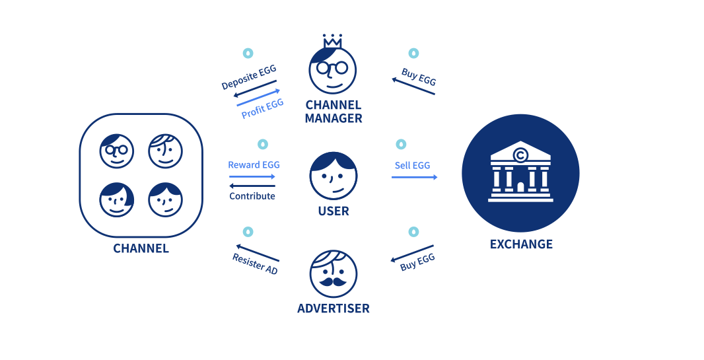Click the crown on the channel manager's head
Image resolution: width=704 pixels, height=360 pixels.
coord(332,41)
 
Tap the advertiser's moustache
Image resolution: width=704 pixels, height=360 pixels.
coord(333,281)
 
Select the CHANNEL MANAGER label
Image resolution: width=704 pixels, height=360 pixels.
coord(334,112)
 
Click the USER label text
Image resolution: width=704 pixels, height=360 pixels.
coord(334,211)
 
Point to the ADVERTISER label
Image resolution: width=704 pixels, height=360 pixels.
coord(333,308)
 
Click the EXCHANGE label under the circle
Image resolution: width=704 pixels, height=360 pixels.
coord(521,244)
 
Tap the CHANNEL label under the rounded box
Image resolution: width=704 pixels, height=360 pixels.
coord(141,249)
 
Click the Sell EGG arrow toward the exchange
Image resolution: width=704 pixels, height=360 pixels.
coord(414,177)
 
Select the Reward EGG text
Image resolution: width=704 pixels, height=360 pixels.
coord(251,165)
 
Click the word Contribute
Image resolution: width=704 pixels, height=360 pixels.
coord(252,196)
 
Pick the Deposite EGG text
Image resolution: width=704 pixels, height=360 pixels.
coord(249,77)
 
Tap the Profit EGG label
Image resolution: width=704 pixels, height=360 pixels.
coord(262,108)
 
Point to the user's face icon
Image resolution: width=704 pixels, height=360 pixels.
coord(334,176)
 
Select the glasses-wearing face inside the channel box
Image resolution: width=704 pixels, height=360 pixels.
coord(117,151)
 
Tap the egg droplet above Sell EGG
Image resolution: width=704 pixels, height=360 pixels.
coord(401,144)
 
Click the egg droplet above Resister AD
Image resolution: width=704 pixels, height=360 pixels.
coord(248,232)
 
